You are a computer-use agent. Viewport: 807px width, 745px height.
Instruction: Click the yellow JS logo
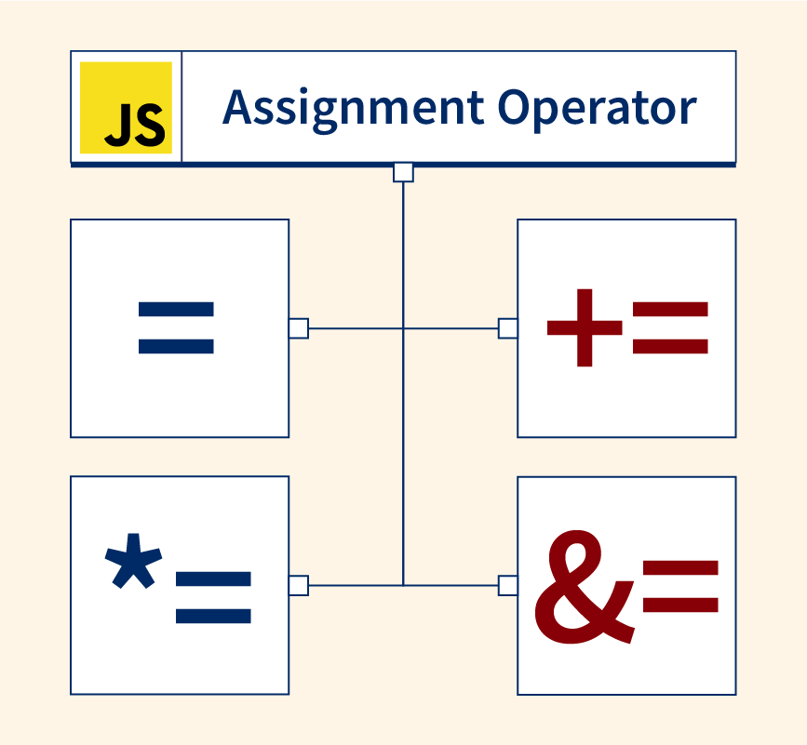pyautogui.click(x=126, y=107)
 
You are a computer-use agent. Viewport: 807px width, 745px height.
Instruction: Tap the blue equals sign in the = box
pyautogui.click(x=176, y=327)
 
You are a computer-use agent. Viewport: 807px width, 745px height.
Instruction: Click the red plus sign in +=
pyautogui.click(x=584, y=327)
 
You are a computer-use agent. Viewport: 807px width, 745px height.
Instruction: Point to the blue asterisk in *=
pyautogui.click(x=134, y=561)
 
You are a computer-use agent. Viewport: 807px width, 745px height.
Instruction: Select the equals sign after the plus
pyautogui.click(x=670, y=327)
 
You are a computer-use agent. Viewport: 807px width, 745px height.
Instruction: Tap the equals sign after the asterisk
pyautogui.click(x=212, y=596)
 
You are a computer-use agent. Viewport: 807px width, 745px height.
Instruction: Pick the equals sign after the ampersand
pyautogui.click(x=680, y=585)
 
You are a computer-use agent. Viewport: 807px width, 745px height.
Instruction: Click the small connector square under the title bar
pyautogui.click(x=403, y=172)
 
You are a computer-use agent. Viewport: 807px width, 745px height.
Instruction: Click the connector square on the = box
pyautogui.click(x=298, y=327)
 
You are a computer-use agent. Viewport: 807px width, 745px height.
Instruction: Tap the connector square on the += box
pyautogui.click(x=508, y=327)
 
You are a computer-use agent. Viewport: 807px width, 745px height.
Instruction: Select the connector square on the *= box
pyautogui.click(x=298, y=585)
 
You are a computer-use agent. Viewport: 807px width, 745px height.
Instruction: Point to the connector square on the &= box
pyautogui.click(x=508, y=585)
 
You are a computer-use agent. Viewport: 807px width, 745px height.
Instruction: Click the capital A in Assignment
pyautogui.click(x=237, y=108)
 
